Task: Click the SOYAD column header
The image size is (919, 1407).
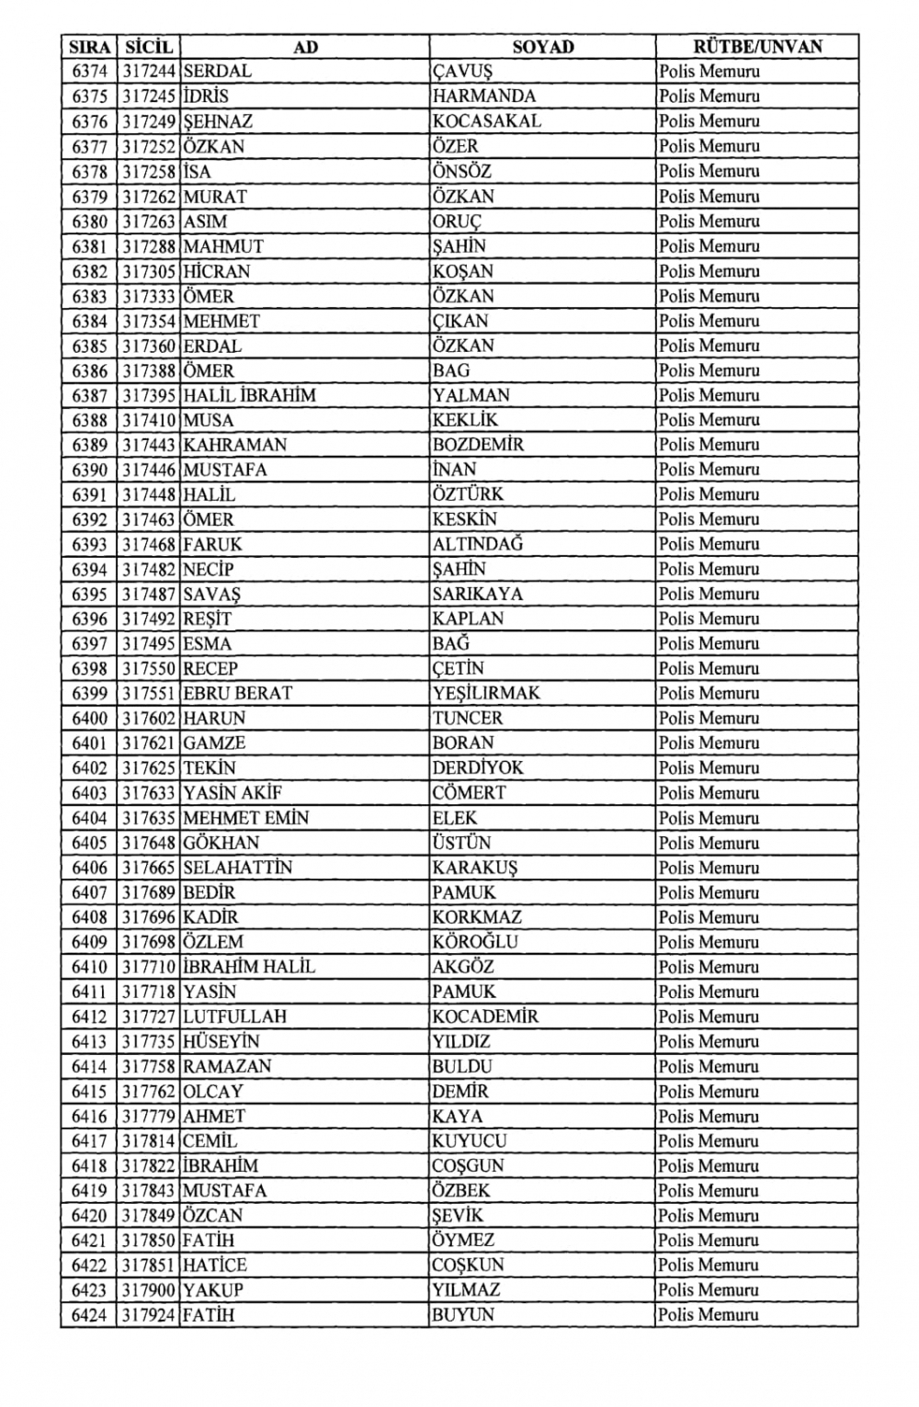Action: coord(542,46)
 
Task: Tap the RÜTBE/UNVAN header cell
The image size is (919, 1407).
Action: coord(757,46)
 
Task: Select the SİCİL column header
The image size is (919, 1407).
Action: coord(148,46)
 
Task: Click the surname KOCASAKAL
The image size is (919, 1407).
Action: coord(487,121)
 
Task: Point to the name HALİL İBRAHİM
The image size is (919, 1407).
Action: coord(249,395)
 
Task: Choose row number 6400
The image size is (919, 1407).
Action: coord(89,718)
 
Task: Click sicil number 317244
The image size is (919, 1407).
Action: coord(148,71)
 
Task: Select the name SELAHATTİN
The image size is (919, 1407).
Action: coord(237,868)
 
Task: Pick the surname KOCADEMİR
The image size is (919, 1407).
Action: coord(485,1016)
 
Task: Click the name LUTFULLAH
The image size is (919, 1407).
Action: coord(234,1016)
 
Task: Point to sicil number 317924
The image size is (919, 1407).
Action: coord(148,1315)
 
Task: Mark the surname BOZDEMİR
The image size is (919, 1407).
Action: coord(478,445)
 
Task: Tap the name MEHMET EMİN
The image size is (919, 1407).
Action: coord(245,818)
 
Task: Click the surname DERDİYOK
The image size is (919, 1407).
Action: coord(478,767)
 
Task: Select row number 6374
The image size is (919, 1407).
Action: coord(89,71)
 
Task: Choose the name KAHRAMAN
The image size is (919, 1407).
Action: coord(234,445)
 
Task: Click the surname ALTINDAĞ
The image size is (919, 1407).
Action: coord(478,544)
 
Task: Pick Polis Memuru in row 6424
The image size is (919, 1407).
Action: coord(709,1315)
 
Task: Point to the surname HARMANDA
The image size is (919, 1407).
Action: coord(483,96)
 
